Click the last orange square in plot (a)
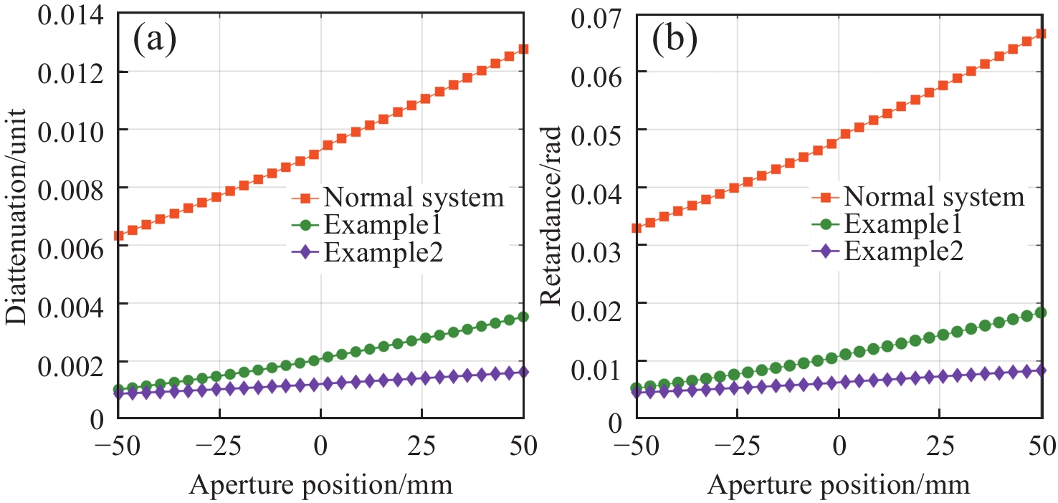(x=523, y=49)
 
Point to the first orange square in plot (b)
(x=635, y=228)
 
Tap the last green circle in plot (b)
(x=1040, y=312)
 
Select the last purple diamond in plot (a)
(x=523, y=371)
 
